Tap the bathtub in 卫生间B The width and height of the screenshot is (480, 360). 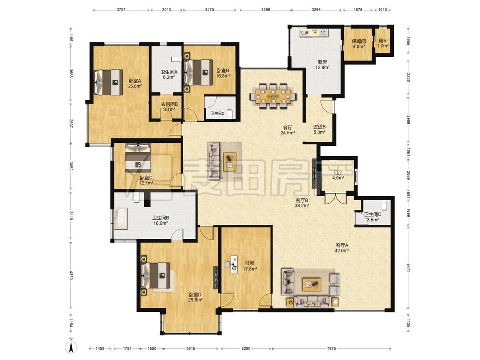[x=121, y=218]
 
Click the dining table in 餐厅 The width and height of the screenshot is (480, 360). [x=273, y=96]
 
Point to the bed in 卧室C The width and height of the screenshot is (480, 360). [x=138, y=158]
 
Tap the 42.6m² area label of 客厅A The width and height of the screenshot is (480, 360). [x=342, y=250]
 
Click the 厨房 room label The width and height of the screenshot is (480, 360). [x=323, y=62]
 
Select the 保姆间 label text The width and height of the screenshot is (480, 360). [x=358, y=41]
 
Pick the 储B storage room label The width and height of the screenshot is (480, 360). [x=382, y=41]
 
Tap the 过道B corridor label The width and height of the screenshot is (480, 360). [x=319, y=127]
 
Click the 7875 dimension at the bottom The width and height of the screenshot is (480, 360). [x=332, y=348]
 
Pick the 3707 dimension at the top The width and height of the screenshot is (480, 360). [x=121, y=10]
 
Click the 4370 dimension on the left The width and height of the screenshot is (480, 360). [x=71, y=275]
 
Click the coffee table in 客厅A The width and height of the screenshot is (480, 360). [x=311, y=285]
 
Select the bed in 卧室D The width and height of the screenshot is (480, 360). [x=155, y=276]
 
